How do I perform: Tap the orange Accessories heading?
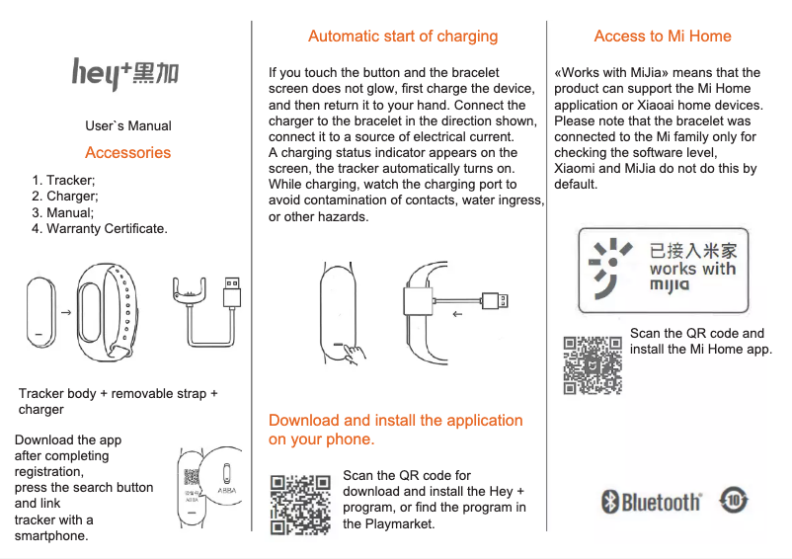click(x=127, y=152)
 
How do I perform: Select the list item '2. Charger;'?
click(x=65, y=197)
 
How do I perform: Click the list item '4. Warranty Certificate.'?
click(x=99, y=228)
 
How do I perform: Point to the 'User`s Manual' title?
click(x=127, y=125)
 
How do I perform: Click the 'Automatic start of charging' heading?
click(x=402, y=37)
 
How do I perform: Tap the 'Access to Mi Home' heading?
click(x=662, y=37)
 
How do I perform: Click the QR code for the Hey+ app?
click(x=300, y=504)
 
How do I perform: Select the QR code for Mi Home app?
click(x=593, y=364)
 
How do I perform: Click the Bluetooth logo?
click(x=652, y=503)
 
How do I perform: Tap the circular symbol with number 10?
click(x=734, y=500)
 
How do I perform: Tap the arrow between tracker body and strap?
click(x=65, y=312)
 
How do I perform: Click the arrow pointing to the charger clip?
click(x=456, y=316)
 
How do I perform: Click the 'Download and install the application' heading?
click(x=395, y=430)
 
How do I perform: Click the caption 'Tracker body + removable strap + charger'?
click(x=118, y=401)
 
